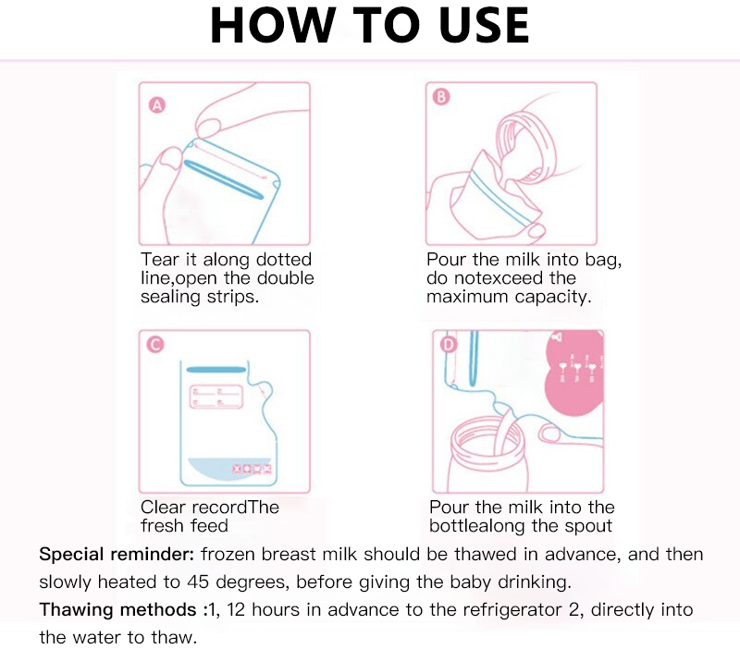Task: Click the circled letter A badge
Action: tap(157, 104)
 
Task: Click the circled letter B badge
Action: tap(441, 97)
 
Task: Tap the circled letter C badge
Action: tap(155, 344)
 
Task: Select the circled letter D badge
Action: tap(449, 345)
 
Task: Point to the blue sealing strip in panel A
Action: tap(224, 180)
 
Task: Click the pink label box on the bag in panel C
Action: tap(216, 397)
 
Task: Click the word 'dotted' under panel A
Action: tap(284, 260)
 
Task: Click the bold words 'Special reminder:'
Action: tap(117, 554)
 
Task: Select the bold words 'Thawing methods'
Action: tap(117, 609)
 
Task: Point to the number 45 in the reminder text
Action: tap(198, 582)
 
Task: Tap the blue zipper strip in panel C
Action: tap(216, 370)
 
